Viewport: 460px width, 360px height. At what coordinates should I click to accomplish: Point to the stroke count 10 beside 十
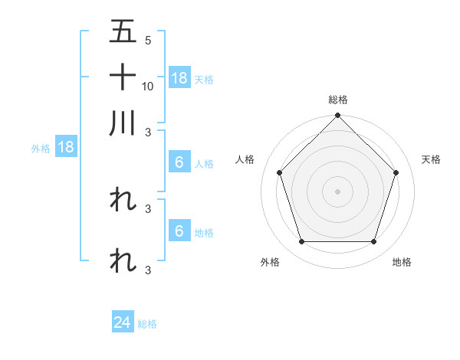click(x=148, y=86)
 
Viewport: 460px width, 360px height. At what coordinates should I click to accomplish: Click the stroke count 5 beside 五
click(x=147, y=40)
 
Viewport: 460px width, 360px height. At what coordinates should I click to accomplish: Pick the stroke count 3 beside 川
click(x=147, y=132)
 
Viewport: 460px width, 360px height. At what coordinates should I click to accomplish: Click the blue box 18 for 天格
click(x=179, y=77)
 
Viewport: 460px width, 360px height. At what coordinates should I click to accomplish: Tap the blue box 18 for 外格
click(x=66, y=147)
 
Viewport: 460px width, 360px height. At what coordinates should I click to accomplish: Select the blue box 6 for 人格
click(x=179, y=162)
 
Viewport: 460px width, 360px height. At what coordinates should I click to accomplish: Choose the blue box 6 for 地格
click(x=179, y=231)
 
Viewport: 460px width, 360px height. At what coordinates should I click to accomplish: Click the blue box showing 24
click(x=123, y=322)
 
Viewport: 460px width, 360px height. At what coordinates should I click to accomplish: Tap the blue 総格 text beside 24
click(x=147, y=324)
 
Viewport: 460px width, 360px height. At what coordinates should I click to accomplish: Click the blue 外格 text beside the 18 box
click(x=41, y=149)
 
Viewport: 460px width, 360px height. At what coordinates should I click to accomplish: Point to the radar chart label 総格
click(x=337, y=100)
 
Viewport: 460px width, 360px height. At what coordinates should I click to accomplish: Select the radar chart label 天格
click(x=432, y=159)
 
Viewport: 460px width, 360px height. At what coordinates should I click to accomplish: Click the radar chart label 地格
click(x=402, y=262)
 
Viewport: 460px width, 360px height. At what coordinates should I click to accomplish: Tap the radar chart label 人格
click(x=245, y=159)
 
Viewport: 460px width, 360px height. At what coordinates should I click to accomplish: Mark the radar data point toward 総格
click(x=337, y=116)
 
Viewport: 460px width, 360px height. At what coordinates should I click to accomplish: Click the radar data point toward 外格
click(x=301, y=241)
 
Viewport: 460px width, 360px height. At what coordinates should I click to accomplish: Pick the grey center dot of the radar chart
click(x=337, y=191)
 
